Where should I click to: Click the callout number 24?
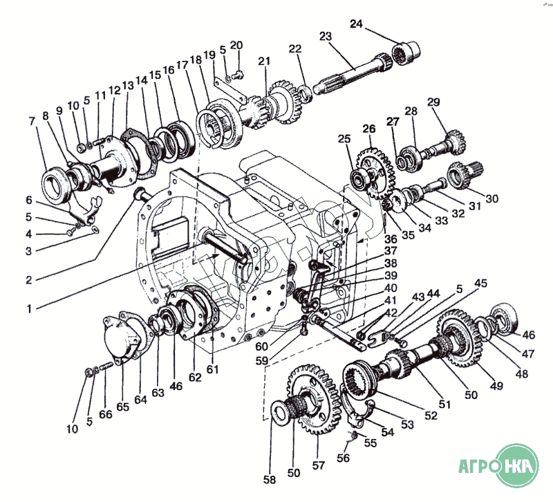click(x=356, y=24)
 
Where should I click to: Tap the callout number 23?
click(x=326, y=36)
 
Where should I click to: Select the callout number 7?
click(x=32, y=122)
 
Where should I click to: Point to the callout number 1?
click(x=28, y=308)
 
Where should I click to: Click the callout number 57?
click(x=319, y=465)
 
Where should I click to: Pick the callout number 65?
click(x=122, y=407)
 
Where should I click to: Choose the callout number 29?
click(x=433, y=102)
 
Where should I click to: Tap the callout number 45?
click(x=480, y=283)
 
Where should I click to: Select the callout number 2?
click(x=28, y=280)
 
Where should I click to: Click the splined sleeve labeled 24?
click(x=406, y=51)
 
